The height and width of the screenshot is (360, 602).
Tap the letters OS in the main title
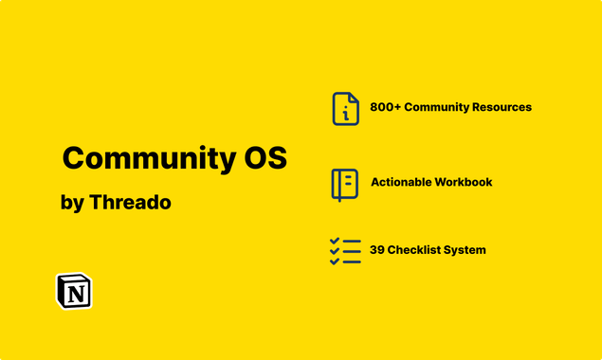point(259,158)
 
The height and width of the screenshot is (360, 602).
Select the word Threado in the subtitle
point(130,203)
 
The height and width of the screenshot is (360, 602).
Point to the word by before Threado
point(71,204)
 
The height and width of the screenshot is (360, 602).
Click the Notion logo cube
point(74,292)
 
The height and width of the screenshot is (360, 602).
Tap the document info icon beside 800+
point(345,108)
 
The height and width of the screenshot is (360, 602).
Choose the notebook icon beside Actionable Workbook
point(344,183)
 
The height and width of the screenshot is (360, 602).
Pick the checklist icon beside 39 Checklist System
point(345,251)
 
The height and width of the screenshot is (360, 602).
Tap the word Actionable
point(400,182)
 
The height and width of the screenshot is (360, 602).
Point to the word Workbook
point(464,182)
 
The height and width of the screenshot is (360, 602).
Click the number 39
point(377,250)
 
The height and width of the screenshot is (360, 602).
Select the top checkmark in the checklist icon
point(335,242)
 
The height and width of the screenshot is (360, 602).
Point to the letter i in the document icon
point(346,114)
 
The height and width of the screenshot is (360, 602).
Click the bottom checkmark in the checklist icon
point(335,261)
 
